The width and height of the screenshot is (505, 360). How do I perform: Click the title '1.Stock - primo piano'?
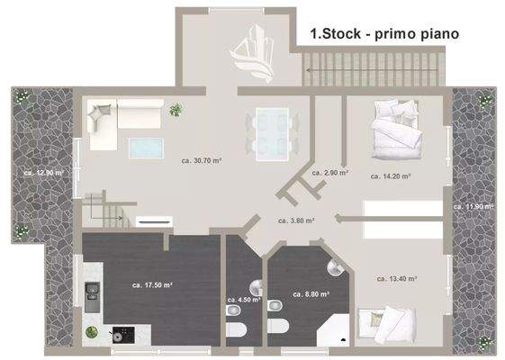tap(384, 34)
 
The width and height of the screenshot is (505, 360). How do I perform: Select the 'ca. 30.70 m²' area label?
tap(202, 161)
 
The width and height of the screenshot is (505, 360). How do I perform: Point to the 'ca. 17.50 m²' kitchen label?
tap(151, 285)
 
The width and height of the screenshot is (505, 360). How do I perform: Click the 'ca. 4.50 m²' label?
tap(243, 300)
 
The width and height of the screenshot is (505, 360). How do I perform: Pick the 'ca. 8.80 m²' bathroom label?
tap(311, 293)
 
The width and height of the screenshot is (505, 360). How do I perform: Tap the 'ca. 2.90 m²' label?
tap(330, 172)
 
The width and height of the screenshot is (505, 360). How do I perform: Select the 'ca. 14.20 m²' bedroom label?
tap(391, 177)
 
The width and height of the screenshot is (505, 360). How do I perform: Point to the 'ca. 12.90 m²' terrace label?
tap(44, 172)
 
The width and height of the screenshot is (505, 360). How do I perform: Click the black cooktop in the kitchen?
tap(119, 334)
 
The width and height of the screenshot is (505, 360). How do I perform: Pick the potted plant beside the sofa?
tap(176, 110)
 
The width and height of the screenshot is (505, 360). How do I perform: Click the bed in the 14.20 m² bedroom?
tap(397, 131)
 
